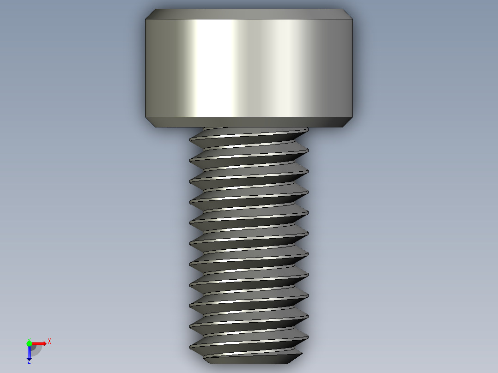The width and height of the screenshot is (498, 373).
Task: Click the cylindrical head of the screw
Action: [x=249, y=68]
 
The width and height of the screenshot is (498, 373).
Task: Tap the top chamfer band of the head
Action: [x=249, y=14]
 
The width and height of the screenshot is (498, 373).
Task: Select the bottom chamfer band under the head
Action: [x=249, y=122]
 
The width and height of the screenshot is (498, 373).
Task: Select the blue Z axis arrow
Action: [x=29, y=354]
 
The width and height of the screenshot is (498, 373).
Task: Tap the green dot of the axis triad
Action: [x=29, y=343]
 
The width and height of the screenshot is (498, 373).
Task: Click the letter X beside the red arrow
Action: [x=49, y=342]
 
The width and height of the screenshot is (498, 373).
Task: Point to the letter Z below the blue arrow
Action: [x=29, y=362]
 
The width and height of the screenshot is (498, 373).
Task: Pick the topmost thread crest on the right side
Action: [x=307, y=130]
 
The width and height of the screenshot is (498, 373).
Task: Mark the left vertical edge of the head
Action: [x=146, y=68]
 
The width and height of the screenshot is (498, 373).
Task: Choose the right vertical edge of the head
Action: [x=354, y=68]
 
